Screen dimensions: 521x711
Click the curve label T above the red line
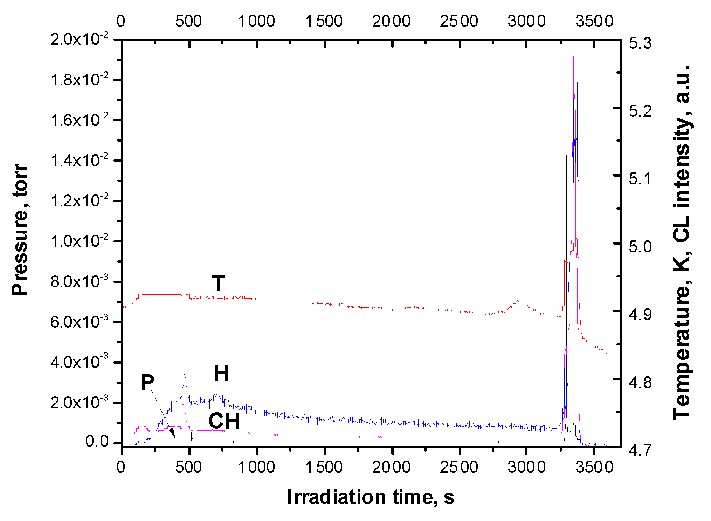click(x=218, y=283)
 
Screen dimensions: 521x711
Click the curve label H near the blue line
click(x=221, y=373)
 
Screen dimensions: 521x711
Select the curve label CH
click(x=224, y=421)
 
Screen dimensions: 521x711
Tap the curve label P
click(x=147, y=382)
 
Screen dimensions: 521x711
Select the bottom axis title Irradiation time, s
click(x=370, y=497)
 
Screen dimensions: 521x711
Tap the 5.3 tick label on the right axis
click(x=640, y=43)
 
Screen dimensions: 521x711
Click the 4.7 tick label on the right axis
click(x=640, y=450)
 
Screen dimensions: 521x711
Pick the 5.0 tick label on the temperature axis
click(x=640, y=246)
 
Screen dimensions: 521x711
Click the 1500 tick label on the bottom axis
click(x=324, y=467)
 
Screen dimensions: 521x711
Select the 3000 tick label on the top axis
click(x=526, y=21)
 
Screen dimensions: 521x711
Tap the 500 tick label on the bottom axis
click(x=188, y=467)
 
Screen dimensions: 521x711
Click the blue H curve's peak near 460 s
click(x=184, y=374)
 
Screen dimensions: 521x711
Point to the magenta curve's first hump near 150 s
click(x=141, y=419)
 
